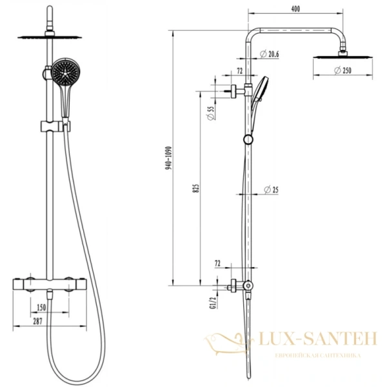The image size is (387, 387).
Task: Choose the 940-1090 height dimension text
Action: coord(168,157)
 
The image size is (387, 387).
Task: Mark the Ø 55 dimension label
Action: coord(210,115)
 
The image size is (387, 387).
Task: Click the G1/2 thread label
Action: coord(210,301)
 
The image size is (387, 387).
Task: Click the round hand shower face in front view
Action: coord(64,72)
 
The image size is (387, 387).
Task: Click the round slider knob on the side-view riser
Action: coord(248,140)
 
